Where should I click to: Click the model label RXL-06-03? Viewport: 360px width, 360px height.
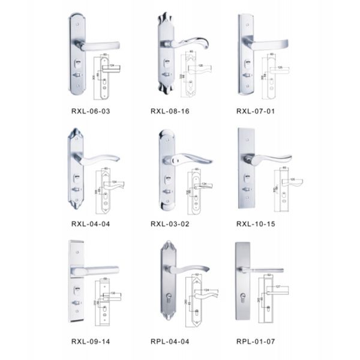click(91, 111)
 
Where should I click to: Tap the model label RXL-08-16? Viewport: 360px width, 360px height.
click(170, 111)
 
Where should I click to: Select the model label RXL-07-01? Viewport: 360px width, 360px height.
click(256, 111)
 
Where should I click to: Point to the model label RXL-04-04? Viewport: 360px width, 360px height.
click(91, 224)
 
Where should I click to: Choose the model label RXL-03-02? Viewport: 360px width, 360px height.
click(170, 224)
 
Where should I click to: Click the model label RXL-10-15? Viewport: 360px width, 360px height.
click(256, 224)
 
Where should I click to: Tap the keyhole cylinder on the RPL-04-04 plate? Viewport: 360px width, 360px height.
click(170, 298)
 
